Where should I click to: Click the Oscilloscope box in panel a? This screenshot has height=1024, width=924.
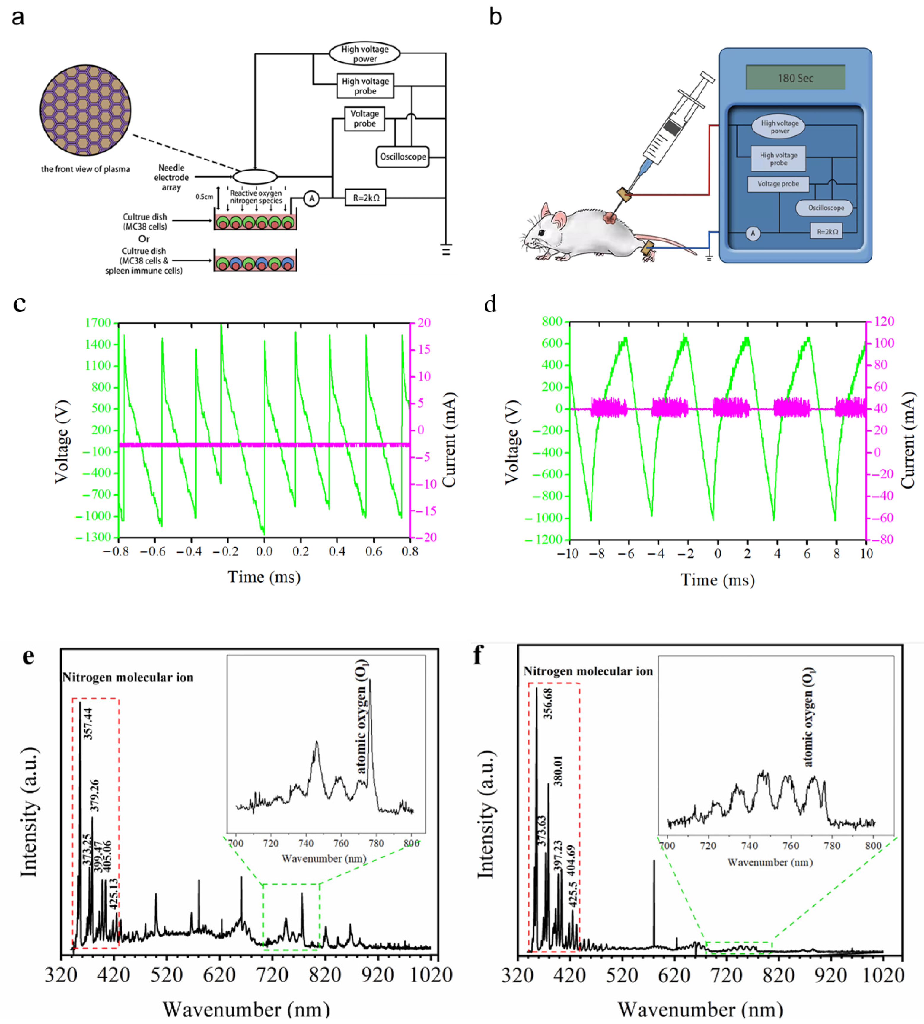pos(403,156)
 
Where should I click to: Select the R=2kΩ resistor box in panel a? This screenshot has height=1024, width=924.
pos(366,198)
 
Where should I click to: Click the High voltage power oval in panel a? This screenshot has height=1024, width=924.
pos(364,53)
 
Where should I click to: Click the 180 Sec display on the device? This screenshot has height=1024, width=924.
pos(795,78)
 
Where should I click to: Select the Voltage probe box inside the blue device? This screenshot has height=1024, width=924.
pos(778,184)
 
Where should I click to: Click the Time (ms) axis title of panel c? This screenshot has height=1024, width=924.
pos(264,578)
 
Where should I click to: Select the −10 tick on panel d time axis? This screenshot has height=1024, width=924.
pos(568,554)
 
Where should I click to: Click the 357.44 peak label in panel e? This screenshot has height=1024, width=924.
pos(88,723)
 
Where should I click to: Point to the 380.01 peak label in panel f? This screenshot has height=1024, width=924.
pos(558,771)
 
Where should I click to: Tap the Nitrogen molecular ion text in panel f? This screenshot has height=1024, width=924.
pos(588,672)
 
